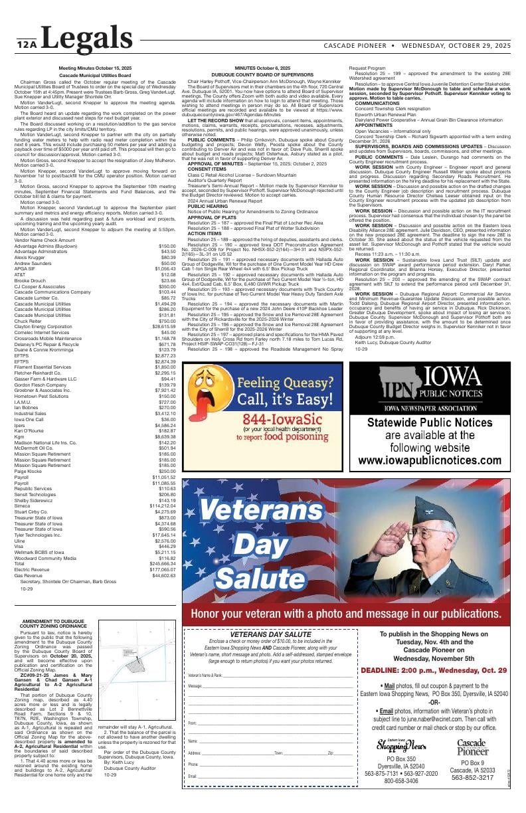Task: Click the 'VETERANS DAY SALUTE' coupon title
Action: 270,634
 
